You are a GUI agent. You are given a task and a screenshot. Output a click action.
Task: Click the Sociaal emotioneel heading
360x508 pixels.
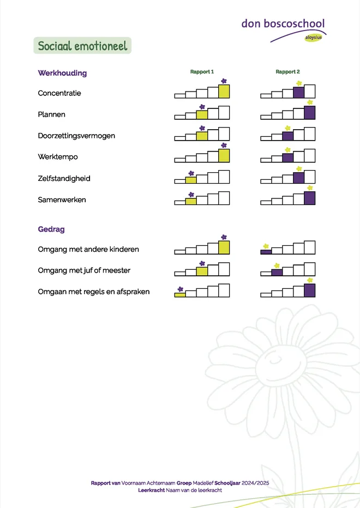point(82,46)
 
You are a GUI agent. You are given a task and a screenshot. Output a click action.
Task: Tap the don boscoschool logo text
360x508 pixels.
point(283,23)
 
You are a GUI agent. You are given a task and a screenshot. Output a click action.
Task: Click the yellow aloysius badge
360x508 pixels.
point(313,38)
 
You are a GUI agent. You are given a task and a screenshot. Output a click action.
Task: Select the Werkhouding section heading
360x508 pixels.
point(62,73)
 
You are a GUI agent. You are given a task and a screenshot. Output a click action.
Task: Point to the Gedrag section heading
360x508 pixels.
point(51,229)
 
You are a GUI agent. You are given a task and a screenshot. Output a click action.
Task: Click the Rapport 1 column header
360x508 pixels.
point(202,71)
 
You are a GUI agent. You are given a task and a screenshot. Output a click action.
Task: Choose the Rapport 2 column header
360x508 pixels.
point(287,71)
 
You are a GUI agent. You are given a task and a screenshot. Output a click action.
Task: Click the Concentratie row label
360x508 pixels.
point(59,93)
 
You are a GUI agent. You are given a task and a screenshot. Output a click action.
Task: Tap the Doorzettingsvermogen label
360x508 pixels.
point(76,136)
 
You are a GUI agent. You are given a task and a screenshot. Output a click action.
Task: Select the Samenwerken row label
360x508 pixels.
point(62,199)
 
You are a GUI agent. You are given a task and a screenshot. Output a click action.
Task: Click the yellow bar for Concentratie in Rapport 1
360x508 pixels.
point(224,92)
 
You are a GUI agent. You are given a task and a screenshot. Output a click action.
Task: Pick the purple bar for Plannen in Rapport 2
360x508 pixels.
point(310,113)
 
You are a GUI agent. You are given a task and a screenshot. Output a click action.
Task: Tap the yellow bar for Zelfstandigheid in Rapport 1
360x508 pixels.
point(191,180)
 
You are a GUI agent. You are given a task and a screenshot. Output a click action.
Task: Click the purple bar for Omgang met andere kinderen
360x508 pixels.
point(266,252)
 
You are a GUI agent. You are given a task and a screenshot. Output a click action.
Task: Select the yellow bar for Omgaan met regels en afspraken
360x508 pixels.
point(180,295)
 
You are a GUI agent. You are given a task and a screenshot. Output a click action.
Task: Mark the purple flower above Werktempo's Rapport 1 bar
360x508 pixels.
point(224,146)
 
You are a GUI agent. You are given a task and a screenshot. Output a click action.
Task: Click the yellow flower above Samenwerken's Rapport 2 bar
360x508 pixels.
point(310,188)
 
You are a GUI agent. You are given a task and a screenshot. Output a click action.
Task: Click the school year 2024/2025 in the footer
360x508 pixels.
point(255,483)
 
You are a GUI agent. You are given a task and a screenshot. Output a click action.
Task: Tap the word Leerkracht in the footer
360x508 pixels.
point(152,490)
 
